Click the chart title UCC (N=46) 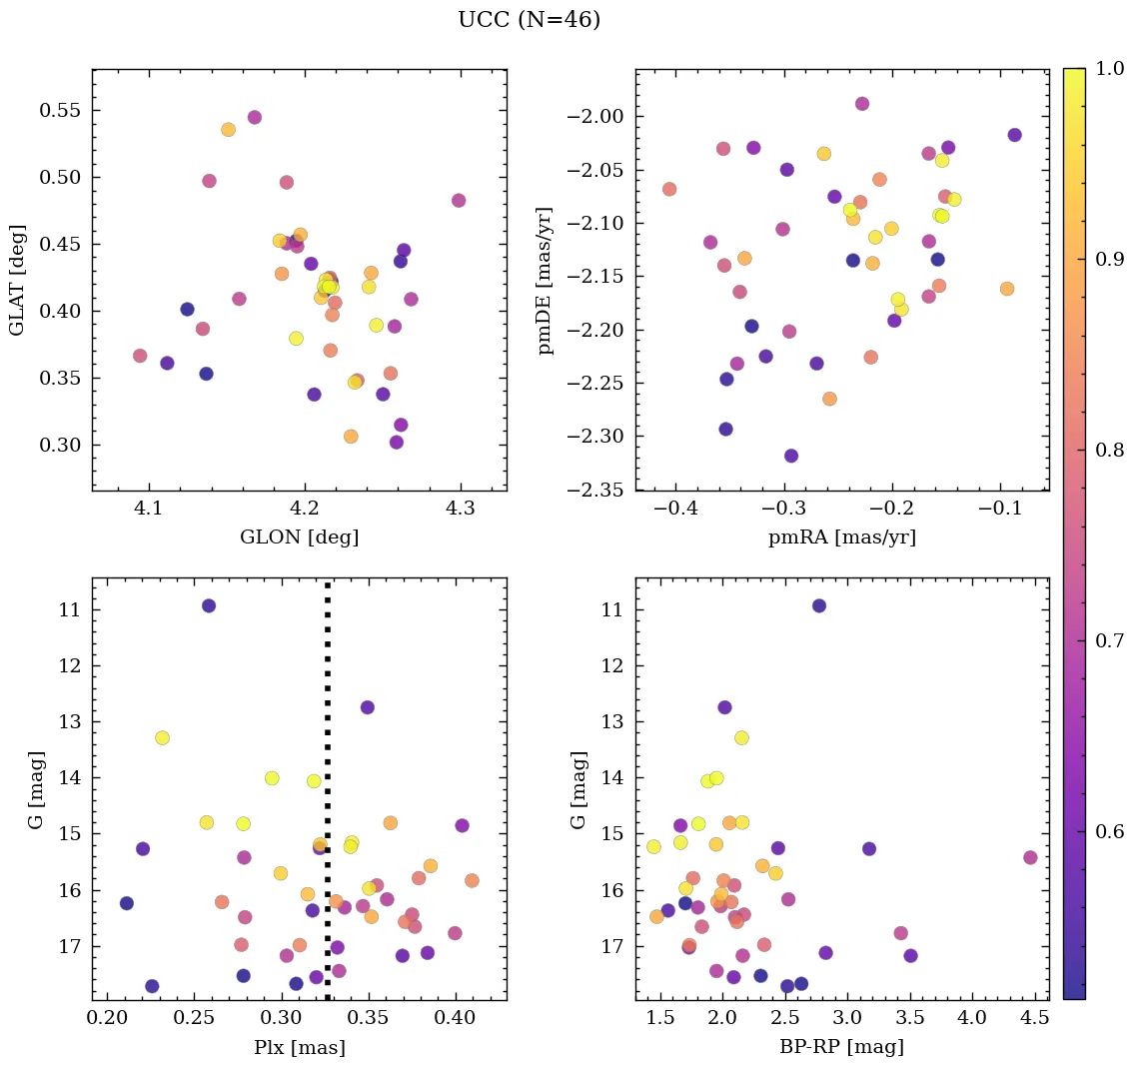(x=529, y=20)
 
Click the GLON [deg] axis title (x=299, y=537)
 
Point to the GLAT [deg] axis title (x=17, y=280)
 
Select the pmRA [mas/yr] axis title (x=841, y=537)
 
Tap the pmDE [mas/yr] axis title (x=545, y=280)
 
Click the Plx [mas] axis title (x=299, y=1047)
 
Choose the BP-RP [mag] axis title (x=841, y=1047)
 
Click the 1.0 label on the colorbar (x=1108, y=69)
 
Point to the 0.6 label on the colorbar (x=1108, y=831)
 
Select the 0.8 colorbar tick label (x=1108, y=450)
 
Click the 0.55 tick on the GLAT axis (x=59, y=111)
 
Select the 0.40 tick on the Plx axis (x=456, y=1020)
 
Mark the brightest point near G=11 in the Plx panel (x=209, y=605)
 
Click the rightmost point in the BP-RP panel (x=1030, y=857)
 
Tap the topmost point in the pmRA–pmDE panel (x=862, y=104)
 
